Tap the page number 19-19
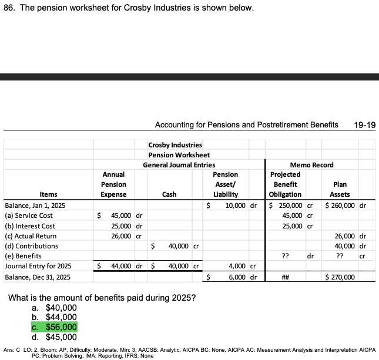[365, 125]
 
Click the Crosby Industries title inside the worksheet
[175, 145]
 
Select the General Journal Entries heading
[179, 165]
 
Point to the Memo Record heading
[311, 165]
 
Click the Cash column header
[169, 194]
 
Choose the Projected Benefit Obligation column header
[285, 184]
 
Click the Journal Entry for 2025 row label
[38, 266]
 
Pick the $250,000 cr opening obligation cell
[290, 206]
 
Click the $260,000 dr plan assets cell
[346, 206]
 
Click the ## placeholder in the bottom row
[285, 277]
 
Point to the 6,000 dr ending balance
[239, 277]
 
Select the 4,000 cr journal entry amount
[239, 266]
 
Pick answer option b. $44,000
[54, 317]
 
